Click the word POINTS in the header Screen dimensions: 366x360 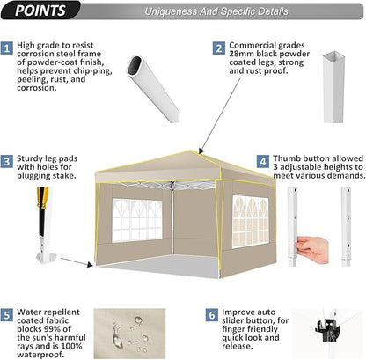[40, 11]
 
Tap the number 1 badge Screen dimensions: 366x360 [7, 48]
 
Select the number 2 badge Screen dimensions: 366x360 [219, 48]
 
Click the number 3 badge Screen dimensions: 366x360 [7, 162]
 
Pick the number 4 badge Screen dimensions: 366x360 [263, 162]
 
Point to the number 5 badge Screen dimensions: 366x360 [7, 315]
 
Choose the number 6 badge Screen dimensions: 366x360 [212, 315]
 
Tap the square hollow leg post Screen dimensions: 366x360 [333, 87]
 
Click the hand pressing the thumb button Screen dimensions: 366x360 [312, 249]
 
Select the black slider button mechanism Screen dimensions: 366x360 [326, 330]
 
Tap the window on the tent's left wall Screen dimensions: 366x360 [137, 220]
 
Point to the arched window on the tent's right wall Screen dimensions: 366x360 [251, 222]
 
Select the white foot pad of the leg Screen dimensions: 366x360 [46, 258]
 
